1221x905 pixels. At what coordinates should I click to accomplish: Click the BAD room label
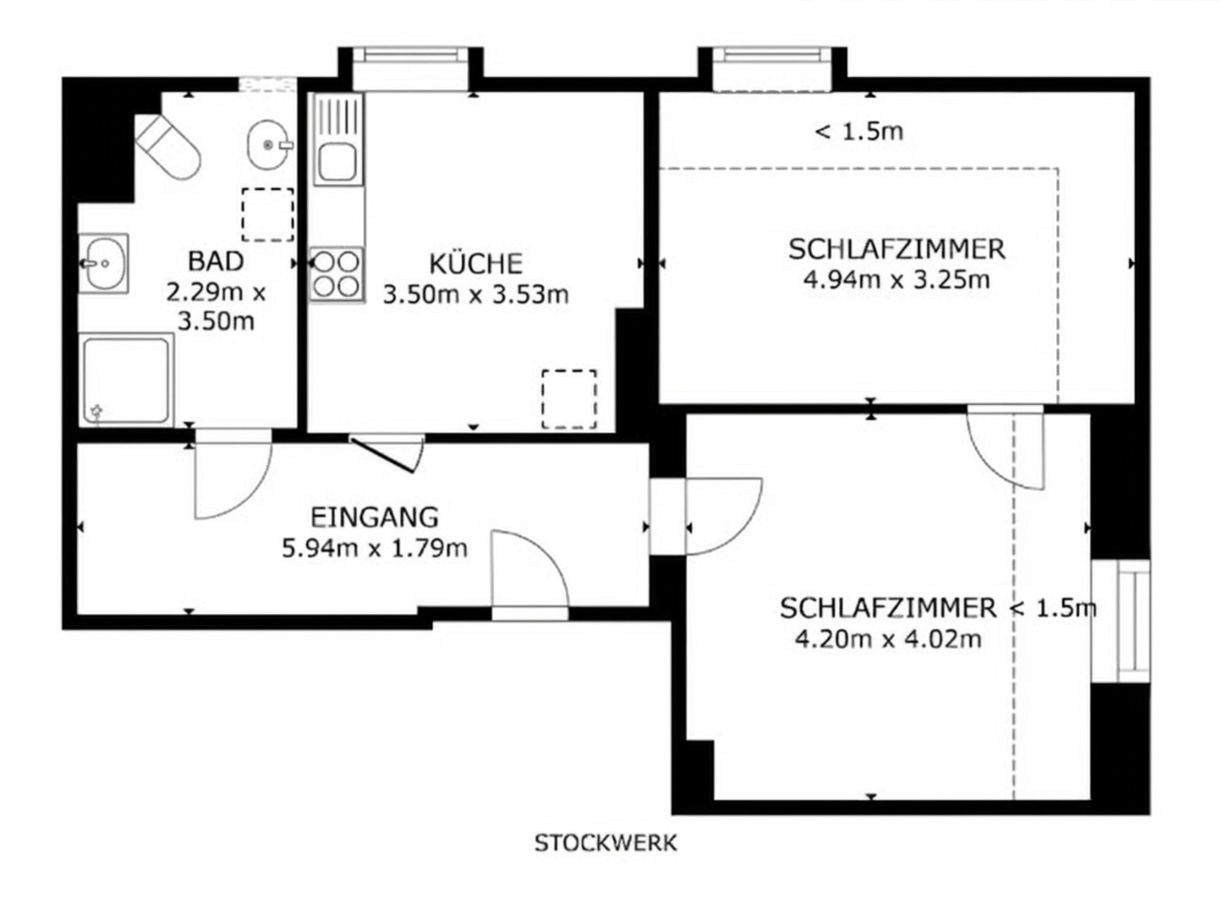(216, 261)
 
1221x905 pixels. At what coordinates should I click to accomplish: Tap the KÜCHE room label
(476, 264)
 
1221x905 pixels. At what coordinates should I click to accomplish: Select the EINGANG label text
(375, 517)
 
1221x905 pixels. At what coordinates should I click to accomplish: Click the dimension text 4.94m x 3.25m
(896, 280)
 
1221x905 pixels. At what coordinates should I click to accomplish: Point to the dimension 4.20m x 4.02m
(888, 639)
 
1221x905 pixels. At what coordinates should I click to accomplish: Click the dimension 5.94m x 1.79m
(375, 548)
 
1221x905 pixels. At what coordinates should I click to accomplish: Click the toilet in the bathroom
(168, 147)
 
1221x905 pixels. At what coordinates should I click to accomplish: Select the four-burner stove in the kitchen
(336, 274)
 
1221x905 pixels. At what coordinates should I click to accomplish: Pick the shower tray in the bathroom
(127, 380)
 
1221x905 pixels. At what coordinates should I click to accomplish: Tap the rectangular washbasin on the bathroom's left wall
(103, 263)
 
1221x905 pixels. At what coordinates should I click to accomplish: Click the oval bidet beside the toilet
(268, 144)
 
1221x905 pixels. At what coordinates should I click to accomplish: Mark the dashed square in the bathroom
(267, 215)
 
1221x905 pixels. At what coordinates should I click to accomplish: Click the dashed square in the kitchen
(569, 399)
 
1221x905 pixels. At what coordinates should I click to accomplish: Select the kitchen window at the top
(410, 69)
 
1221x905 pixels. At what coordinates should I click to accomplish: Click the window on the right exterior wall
(1120, 621)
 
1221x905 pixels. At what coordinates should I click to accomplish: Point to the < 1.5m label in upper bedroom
(859, 132)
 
